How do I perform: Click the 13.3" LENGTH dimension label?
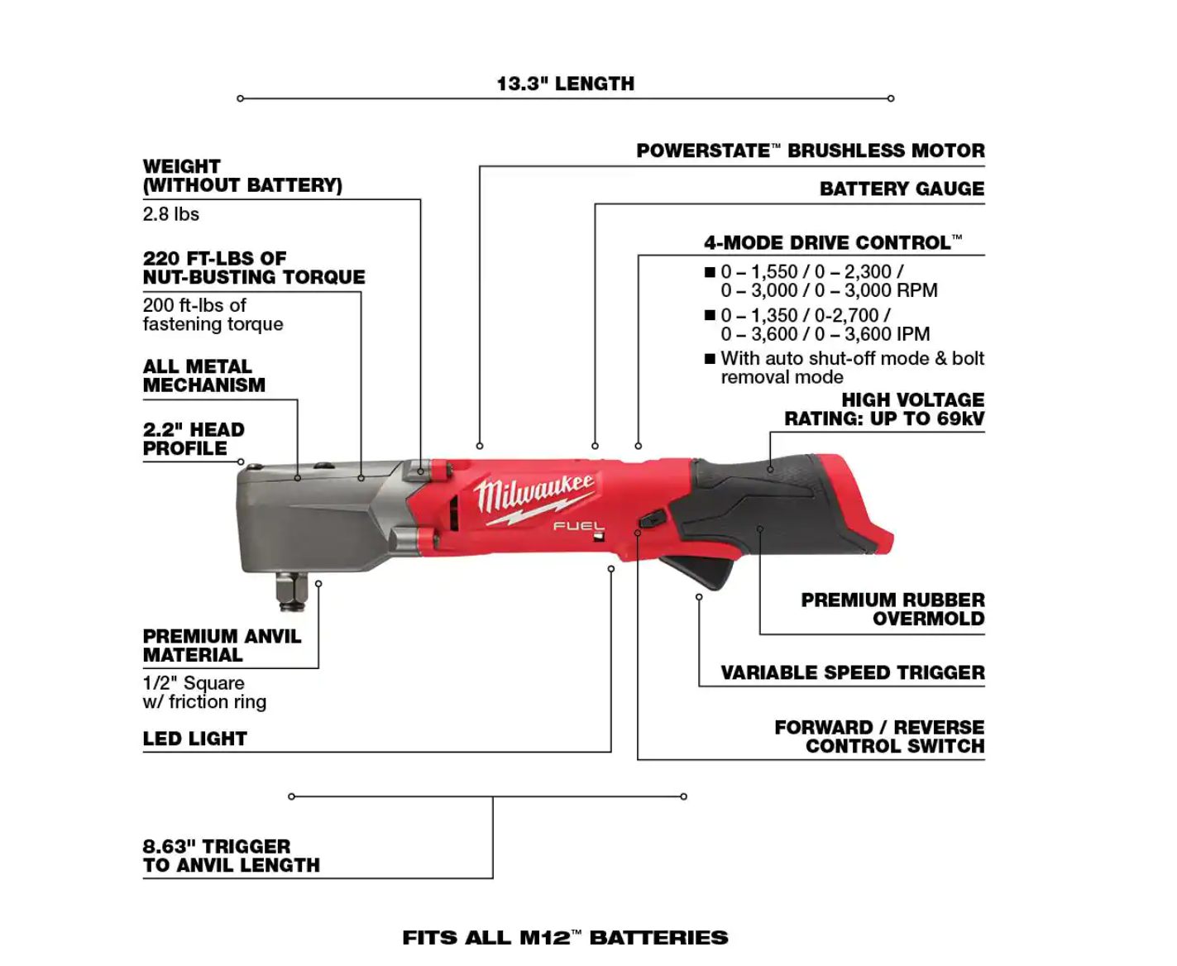tap(565, 84)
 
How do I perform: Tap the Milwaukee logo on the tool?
tap(533, 495)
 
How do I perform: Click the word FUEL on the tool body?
tap(578, 526)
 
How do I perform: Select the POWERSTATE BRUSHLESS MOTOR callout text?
tap(810, 151)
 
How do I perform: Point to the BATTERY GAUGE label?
tap(902, 189)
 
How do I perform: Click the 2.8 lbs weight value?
tap(170, 214)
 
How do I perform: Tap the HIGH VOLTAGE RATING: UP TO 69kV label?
tap(884, 409)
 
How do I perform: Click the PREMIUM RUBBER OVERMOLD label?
tap(892, 609)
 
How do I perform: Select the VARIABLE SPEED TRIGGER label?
tap(852, 672)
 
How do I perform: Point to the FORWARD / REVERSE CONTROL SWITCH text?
tap(879, 736)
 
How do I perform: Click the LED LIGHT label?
tap(194, 739)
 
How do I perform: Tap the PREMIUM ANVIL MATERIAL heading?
tap(222, 645)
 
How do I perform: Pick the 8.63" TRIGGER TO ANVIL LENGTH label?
tap(231, 855)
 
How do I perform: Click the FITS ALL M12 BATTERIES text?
tap(565, 937)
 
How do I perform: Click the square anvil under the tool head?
tap(292, 590)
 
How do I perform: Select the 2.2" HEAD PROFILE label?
tap(194, 438)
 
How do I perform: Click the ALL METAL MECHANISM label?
tap(203, 375)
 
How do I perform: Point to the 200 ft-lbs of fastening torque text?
tap(213, 314)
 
